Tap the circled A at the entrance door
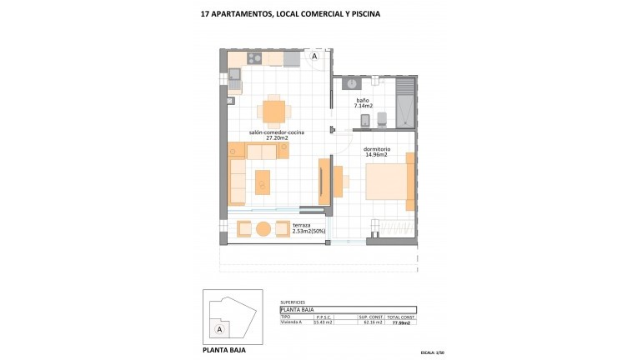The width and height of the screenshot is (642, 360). pyautogui.click(x=315, y=57)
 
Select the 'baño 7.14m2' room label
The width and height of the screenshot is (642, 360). pyautogui.click(x=363, y=103)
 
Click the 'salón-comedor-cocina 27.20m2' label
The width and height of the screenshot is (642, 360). pyautogui.click(x=276, y=135)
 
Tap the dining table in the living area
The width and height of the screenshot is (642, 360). pyautogui.click(x=273, y=111)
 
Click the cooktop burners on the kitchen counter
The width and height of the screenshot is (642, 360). pyautogui.click(x=254, y=58)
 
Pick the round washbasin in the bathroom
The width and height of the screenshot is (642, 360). pyautogui.click(x=352, y=84)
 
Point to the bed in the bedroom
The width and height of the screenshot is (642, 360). pyautogui.click(x=389, y=181)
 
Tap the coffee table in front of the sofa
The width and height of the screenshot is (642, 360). pyautogui.click(x=263, y=182)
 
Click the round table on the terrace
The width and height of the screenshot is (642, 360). pyautogui.click(x=263, y=228)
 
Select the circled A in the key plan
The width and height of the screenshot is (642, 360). pyautogui.click(x=219, y=329)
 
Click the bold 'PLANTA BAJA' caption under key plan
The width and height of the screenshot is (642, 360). pyautogui.click(x=225, y=350)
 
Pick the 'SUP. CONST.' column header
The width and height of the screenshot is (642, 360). pyautogui.click(x=370, y=317)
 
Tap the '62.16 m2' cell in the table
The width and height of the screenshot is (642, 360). pyautogui.click(x=370, y=322)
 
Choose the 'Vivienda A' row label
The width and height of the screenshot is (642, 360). pyautogui.click(x=292, y=322)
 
